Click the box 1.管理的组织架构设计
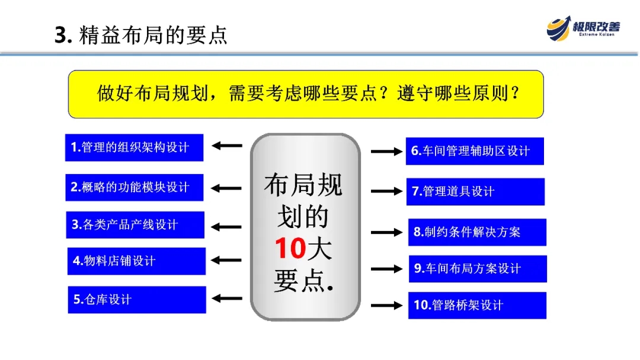pyautogui.click(x=134, y=147)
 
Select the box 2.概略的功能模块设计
pyautogui.click(x=134, y=188)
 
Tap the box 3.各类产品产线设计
pyautogui.click(x=135, y=225)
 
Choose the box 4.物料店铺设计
pyautogui.click(x=136, y=261)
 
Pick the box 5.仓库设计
pyautogui.click(x=137, y=300)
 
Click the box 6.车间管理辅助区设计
pyautogui.click(x=475, y=151)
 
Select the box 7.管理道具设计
pyautogui.click(x=475, y=191)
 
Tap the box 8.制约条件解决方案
pyautogui.click(x=477, y=232)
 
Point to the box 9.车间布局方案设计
pyautogui.click(x=478, y=269)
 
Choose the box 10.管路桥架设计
pyautogui.click(x=477, y=306)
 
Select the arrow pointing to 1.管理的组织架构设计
pyautogui.click(x=227, y=146)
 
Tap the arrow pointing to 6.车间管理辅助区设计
pyautogui.click(x=386, y=152)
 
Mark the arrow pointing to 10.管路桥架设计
pyautogui.click(x=387, y=306)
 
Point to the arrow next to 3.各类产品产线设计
pyautogui.click(x=227, y=226)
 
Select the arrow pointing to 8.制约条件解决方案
pyautogui.click(x=387, y=232)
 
